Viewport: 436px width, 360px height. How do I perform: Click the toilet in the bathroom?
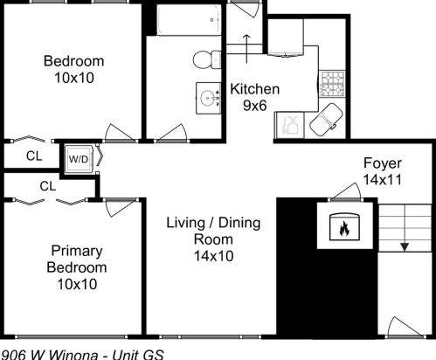(x=205, y=59)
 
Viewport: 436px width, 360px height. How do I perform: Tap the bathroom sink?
(x=210, y=97)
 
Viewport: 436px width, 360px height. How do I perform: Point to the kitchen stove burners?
(x=334, y=84)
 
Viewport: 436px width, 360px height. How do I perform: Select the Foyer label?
(x=382, y=163)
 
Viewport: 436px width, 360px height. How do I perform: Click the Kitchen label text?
(x=254, y=89)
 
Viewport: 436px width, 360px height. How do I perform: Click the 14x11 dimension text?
(x=382, y=180)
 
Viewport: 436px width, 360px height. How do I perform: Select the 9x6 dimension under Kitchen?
(x=253, y=105)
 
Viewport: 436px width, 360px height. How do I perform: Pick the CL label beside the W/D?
(x=34, y=157)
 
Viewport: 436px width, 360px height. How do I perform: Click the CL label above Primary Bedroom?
(x=48, y=185)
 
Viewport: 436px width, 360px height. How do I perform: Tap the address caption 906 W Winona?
(x=70, y=353)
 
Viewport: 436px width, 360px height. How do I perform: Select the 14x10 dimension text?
(x=213, y=255)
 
